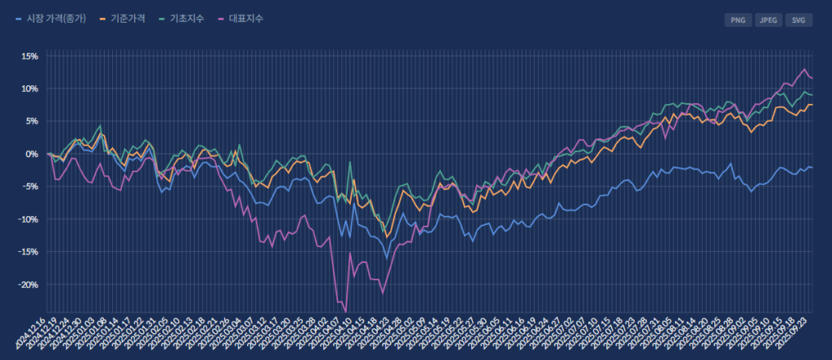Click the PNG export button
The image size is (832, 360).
click(x=738, y=20)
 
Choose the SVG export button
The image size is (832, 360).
click(x=799, y=20)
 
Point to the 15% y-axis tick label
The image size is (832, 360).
click(x=29, y=56)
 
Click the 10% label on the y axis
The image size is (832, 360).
click(x=29, y=89)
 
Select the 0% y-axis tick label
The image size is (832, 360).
click(x=32, y=154)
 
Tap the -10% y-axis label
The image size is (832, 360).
click(x=28, y=219)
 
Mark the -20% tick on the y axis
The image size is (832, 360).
click(x=28, y=284)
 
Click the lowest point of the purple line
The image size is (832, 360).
click(x=345, y=311)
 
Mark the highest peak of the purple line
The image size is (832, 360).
click(x=804, y=69)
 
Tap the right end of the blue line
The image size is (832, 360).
click(x=812, y=167)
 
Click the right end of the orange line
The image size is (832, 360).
click(x=812, y=106)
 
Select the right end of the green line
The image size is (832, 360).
click(x=812, y=95)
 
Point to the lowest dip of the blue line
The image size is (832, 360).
click(x=387, y=258)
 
